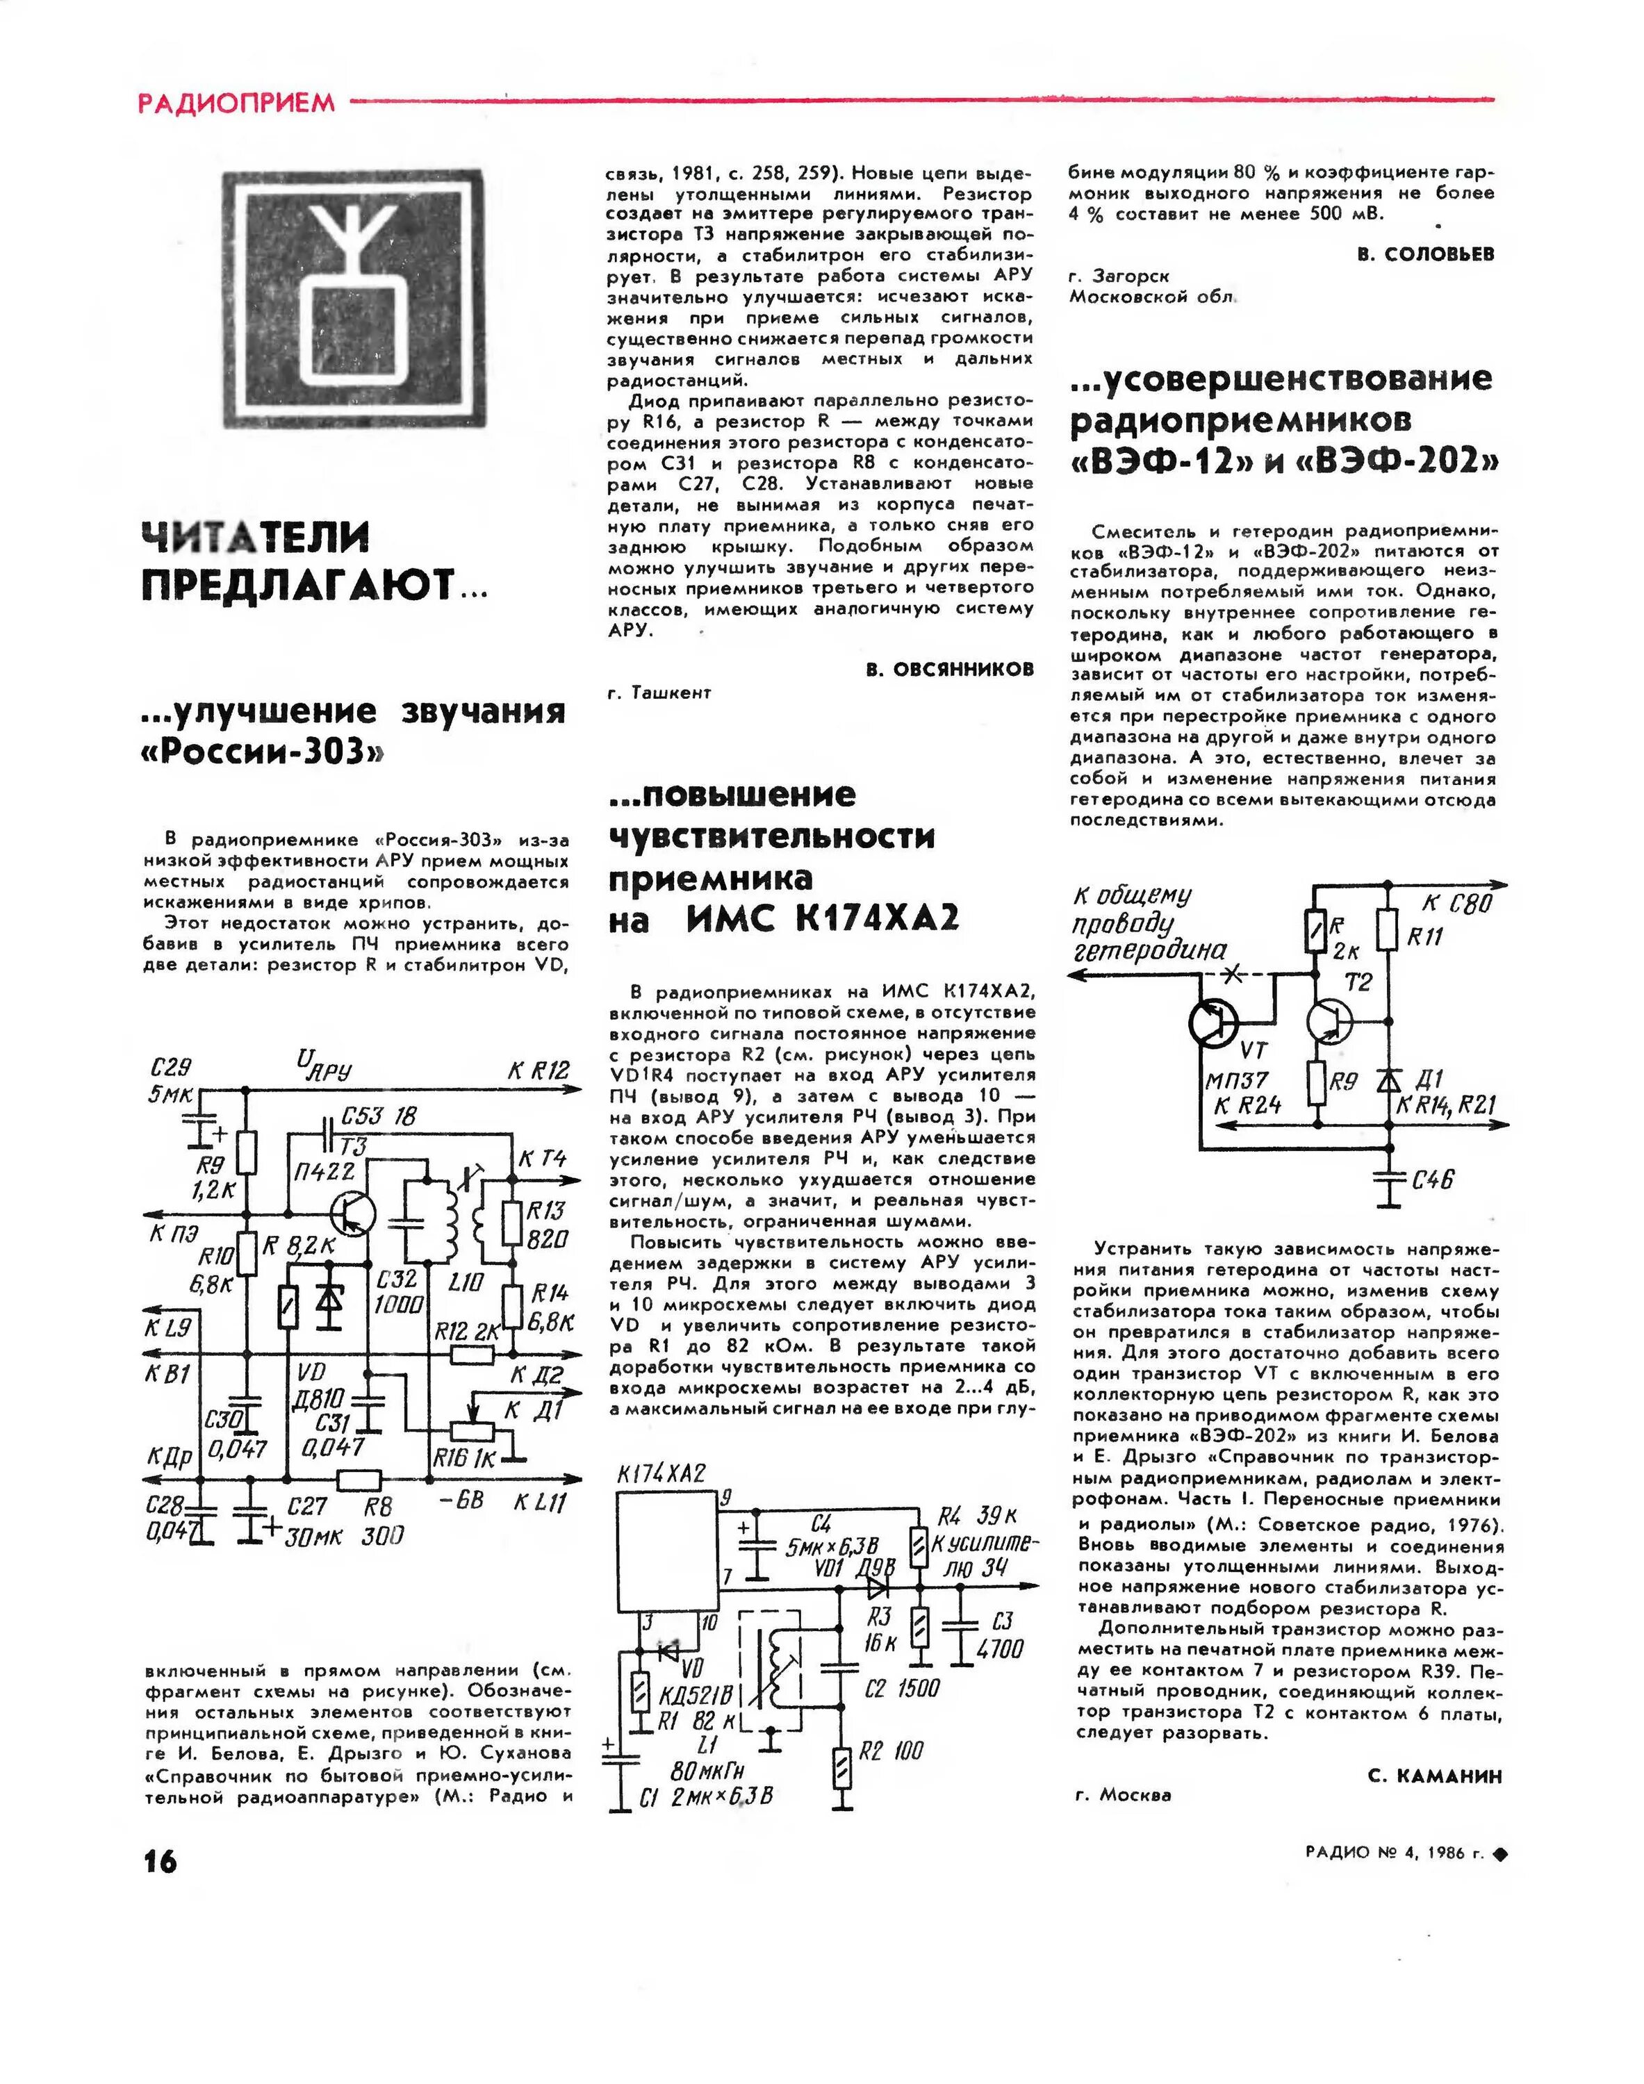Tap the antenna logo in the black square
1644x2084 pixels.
[352, 299]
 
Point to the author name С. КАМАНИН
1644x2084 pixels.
[1434, 1775]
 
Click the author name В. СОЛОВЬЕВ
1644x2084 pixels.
[1426, 254]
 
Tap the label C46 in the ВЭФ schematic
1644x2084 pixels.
[1432, 1179]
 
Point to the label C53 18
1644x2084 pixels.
[378, 1117]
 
